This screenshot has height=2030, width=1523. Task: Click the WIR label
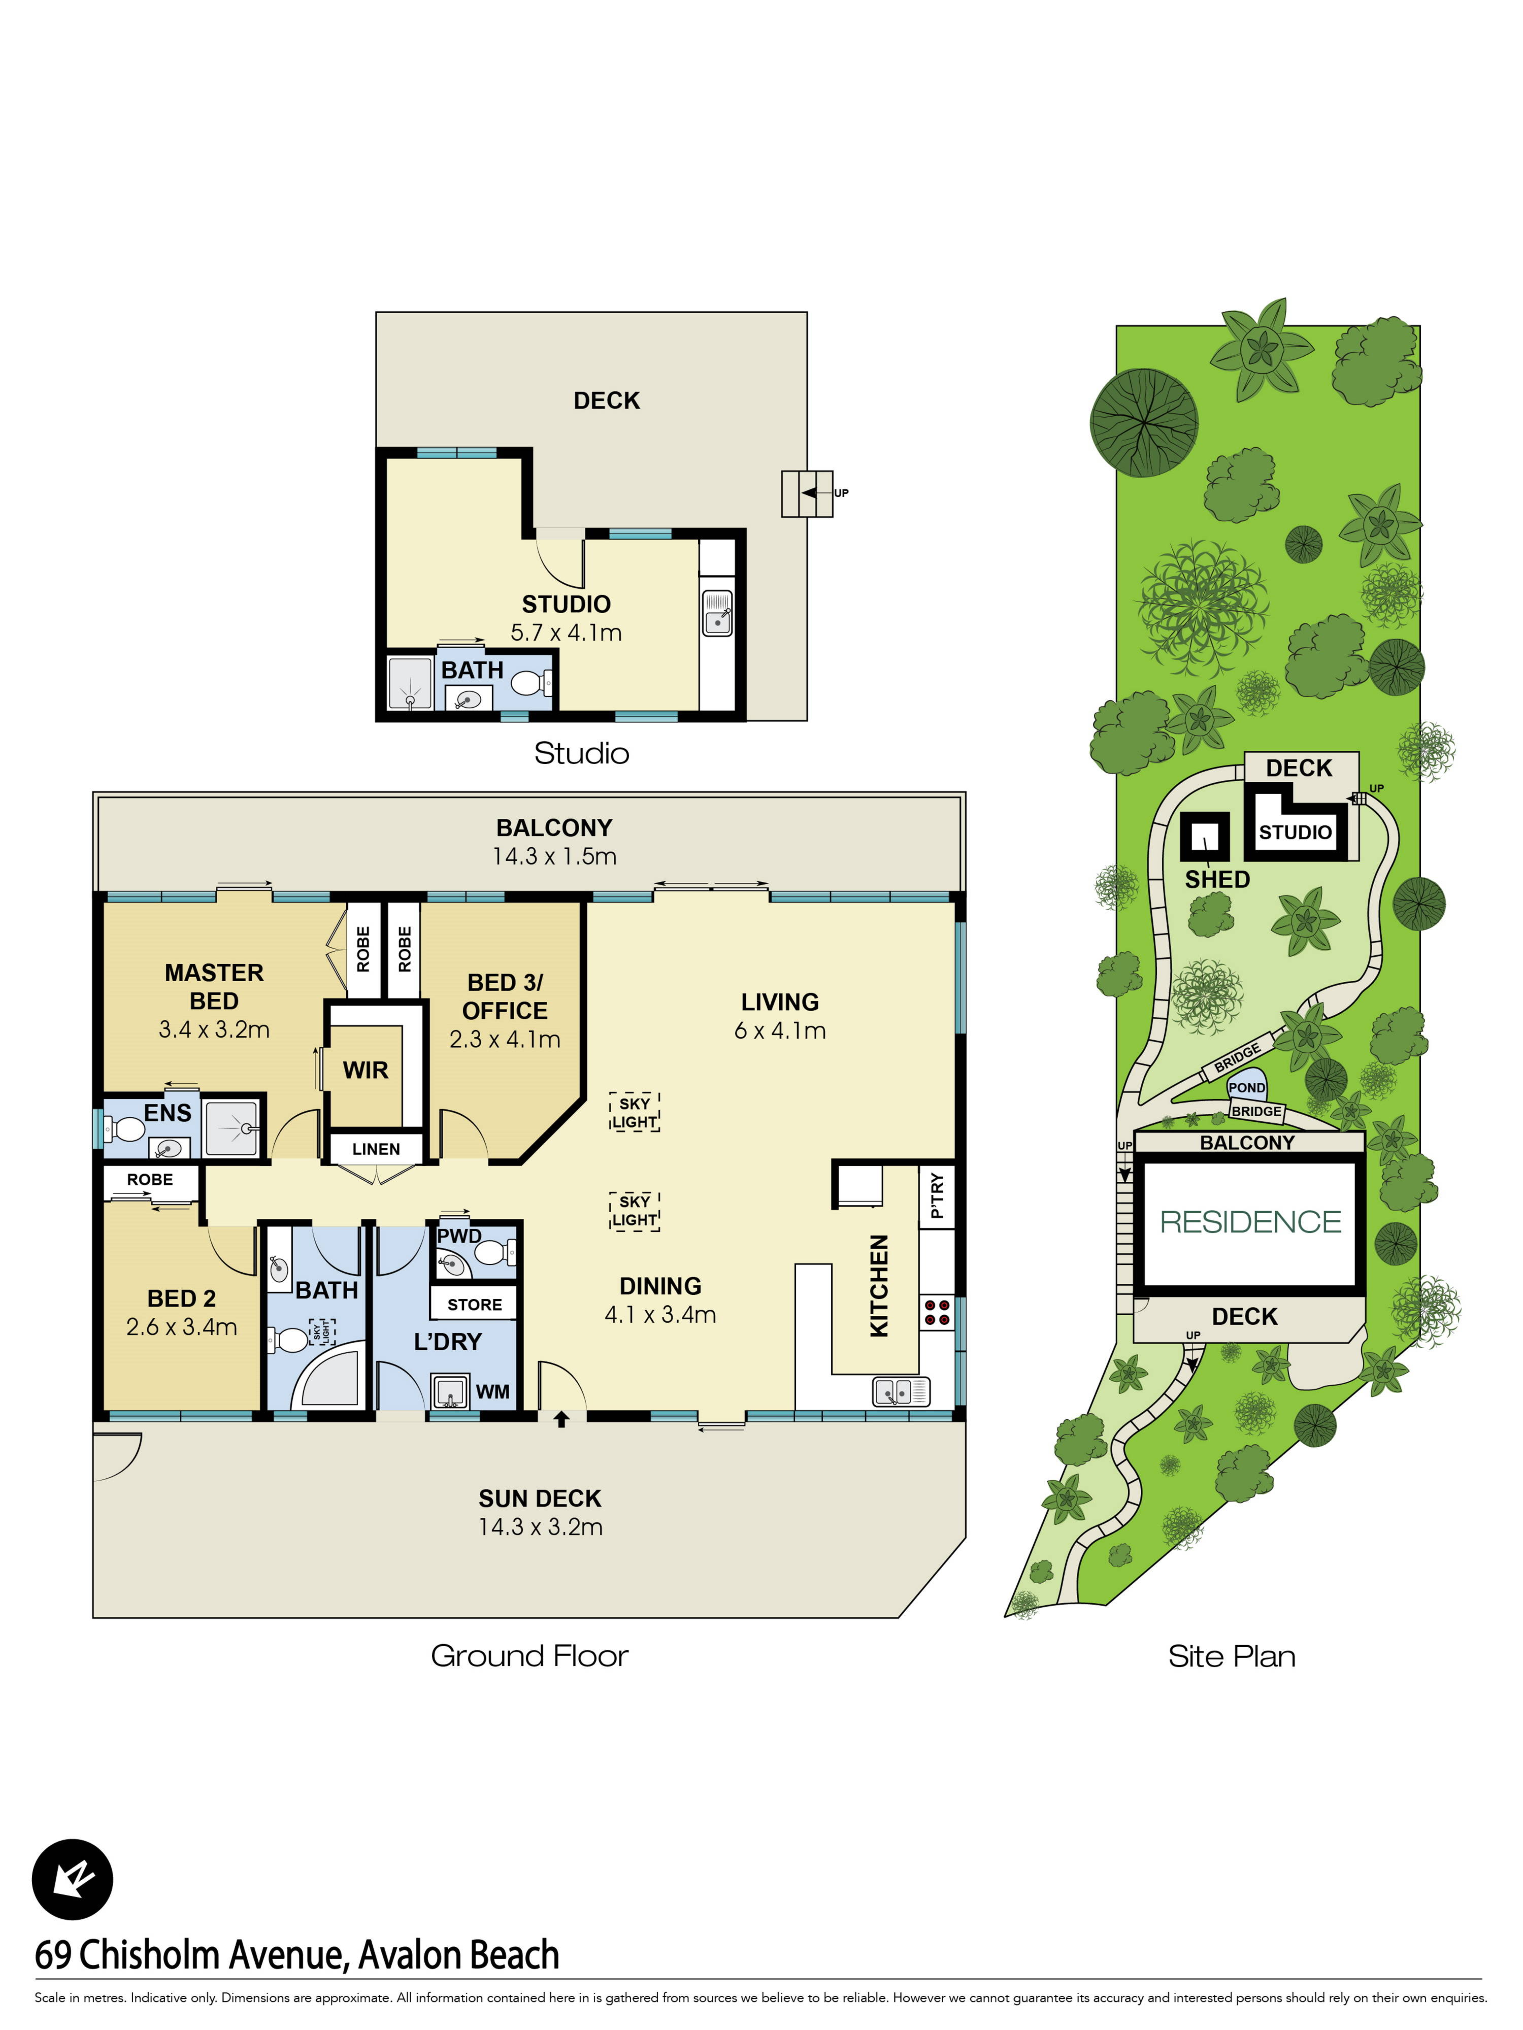(x=366, y=1070)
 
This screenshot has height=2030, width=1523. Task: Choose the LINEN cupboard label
(x=376, y=1149)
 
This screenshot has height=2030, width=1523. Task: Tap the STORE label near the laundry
(x=475, y=1304)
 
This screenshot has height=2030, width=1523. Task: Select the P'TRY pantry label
(x=936, y=1196)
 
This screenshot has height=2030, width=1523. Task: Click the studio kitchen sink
(x=717, y=612)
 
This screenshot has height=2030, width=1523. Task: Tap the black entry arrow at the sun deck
(x=561, y=1419)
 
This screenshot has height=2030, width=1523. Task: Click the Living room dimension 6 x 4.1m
(x=779, y=1030)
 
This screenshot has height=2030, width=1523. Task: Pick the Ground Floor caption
(x=529, y=1655)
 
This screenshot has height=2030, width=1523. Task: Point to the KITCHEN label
(x=879, y=1286)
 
